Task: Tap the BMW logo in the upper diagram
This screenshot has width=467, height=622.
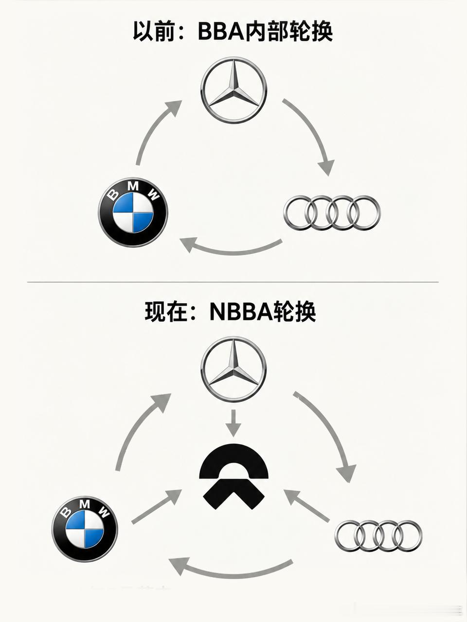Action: (133, 212)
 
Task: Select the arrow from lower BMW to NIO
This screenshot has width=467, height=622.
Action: (157, 505)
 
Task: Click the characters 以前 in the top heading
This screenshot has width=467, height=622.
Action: (153, 31)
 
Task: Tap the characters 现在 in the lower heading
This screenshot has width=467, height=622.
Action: (165, 312)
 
